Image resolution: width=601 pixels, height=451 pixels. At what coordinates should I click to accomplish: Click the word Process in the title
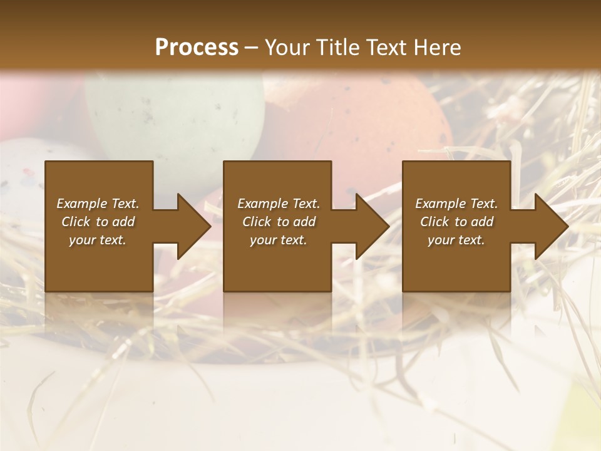[x=197, y=47]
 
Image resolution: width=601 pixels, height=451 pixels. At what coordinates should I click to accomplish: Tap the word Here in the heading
[x=436, y=47]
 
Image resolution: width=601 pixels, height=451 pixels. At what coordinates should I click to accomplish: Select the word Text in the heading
[x=386, y=47]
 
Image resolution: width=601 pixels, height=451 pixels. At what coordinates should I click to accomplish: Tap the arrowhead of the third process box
[x=550, y=226]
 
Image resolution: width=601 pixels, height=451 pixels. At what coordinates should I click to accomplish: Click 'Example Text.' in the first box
[x=98, y=204]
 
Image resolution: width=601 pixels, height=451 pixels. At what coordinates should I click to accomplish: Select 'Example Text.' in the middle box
[x=278, y=204]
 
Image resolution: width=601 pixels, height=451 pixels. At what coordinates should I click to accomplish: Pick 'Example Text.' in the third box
[x=456, y=204]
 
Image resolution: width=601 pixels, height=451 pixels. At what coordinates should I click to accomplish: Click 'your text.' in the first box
[x=98, y=240]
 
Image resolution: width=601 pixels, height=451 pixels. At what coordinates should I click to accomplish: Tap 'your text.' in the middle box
[x=278, y=240]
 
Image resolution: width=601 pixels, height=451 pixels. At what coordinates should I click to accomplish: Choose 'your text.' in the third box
[x=456, y=240]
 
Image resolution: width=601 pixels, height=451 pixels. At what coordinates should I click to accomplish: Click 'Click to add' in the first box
[x=98, y=222]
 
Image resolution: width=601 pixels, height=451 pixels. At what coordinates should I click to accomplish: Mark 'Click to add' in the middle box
[x=278, y=222]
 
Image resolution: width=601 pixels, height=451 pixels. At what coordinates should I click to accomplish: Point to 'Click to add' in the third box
[x=456, y=222]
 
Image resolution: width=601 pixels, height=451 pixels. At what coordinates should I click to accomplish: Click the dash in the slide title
[x=252, y=48]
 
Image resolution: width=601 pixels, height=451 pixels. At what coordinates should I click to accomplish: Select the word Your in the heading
[x=286, y=47]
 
